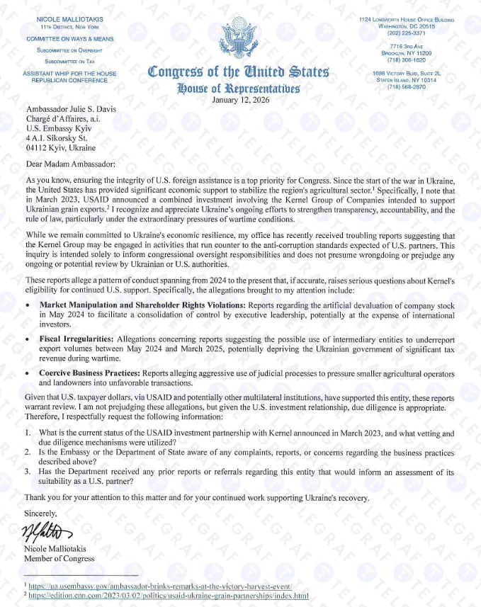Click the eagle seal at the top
(x=240, y=38)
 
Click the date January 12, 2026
(x=240, y=100)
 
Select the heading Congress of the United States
(x=239, y=72)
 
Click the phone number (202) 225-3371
(x=406, y=32)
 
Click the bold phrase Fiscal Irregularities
(x=80, y=340)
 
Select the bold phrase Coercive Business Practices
(x=90, y=372)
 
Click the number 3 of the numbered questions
(x=27, y=472)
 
